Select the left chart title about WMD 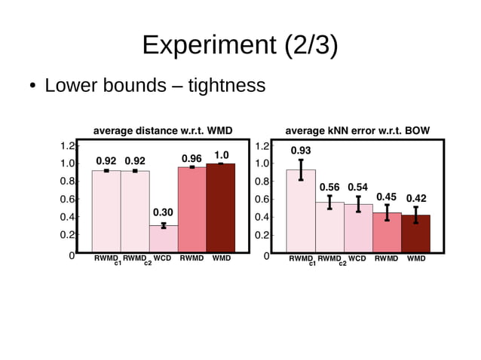pyautogui.click(x=162, y=131)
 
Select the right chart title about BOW pyautogui.click(x=357, y=131)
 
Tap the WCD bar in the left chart pyautogui.click(x=164, y=238)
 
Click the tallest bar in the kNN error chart pyautogui.click(x=301, y=211)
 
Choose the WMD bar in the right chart pyautogui.click(x=415, y=233)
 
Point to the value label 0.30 pyautogui.click(x=164, y=213)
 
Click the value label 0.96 pyautogui.click(x=191, y=158)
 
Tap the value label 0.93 pyautogui.click(x=301, y=151)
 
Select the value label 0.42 pyautogui.click(x=416, y=199)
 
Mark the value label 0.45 pyautogui.click(x=387, y=197)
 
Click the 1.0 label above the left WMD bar pyautogui.click(x=221, y=154)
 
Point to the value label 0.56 pyautogui.click(x=329, y=187)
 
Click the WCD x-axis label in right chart pyautogui.click(x=357, y=258)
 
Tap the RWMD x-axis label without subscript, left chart pyautogui.click(x=192, y=258)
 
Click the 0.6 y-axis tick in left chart pyautogui.click(x=69, y=200)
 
